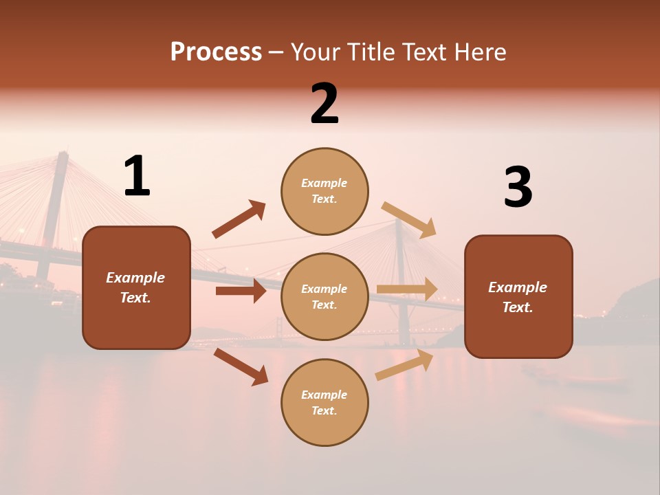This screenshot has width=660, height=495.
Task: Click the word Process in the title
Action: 216,52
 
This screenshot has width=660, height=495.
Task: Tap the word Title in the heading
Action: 372,52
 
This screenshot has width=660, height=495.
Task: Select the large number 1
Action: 137,177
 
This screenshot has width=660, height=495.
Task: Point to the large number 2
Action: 324,104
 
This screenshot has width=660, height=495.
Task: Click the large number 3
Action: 518,188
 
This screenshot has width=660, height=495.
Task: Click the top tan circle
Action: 324,191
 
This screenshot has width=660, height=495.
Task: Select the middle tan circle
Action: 324,296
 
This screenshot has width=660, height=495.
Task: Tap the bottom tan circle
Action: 324,402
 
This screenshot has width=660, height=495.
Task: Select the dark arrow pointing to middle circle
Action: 241,291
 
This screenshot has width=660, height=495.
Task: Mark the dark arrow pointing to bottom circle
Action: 241,366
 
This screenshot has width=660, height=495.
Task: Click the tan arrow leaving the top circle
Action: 409,219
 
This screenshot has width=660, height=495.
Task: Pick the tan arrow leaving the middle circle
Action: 407,289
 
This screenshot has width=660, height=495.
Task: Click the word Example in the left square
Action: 135,278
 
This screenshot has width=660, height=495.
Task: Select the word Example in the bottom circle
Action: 324,395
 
